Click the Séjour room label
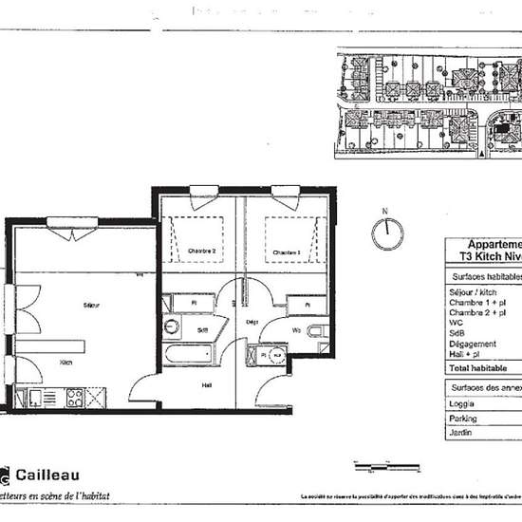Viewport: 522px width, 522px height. [x=92, y=305]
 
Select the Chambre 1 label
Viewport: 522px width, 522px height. [x=287, y=252]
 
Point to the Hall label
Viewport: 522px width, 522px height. [x=206, y=384]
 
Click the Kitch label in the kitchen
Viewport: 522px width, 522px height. [x=66, y=362]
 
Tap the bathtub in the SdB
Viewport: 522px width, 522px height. [x=188, y=355]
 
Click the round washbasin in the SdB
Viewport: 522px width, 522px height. [x=172, y=327]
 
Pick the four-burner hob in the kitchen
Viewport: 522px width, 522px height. [x=74, y=399]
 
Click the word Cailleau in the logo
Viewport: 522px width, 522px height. [x=47, y=474]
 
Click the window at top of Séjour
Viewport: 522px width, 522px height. [x=73, y=223]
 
